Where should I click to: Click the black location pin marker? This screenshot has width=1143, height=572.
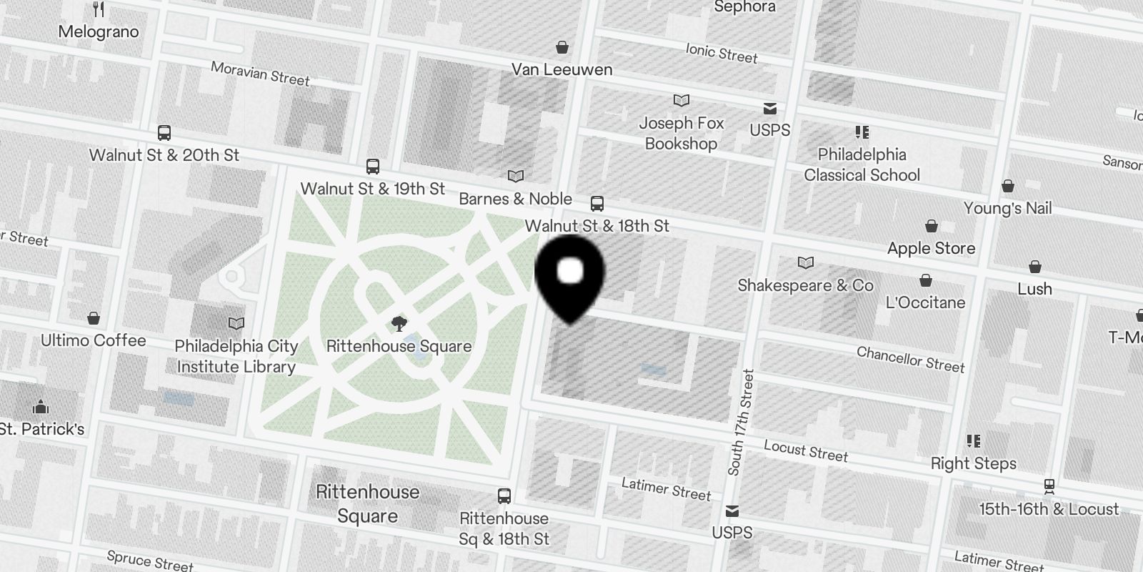570,275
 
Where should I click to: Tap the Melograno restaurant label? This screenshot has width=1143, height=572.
99,31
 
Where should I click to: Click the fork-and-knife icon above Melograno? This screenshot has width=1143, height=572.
99,9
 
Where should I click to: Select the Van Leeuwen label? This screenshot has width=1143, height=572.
561,69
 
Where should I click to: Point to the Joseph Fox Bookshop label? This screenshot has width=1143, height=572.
681,133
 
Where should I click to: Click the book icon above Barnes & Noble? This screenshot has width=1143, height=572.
515,176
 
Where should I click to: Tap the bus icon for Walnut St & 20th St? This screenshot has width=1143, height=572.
164,133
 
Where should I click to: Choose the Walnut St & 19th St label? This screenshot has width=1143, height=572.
372,189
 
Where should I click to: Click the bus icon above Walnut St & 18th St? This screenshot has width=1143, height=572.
597,204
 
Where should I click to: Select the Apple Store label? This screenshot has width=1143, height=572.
931,248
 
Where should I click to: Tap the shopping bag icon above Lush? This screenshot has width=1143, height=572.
1034,267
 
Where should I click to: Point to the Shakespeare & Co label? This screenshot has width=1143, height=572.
805,285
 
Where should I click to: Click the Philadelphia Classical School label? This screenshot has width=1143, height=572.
862,164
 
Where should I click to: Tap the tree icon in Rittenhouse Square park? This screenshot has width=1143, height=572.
399,324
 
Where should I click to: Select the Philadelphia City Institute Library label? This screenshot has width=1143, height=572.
236,356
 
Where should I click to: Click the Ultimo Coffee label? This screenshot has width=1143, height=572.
93,340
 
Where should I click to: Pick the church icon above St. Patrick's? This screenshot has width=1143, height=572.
41,407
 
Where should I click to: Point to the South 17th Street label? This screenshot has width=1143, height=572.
740,422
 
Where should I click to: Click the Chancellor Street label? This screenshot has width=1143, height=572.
910,359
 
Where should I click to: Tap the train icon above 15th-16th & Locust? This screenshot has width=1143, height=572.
1049,486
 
